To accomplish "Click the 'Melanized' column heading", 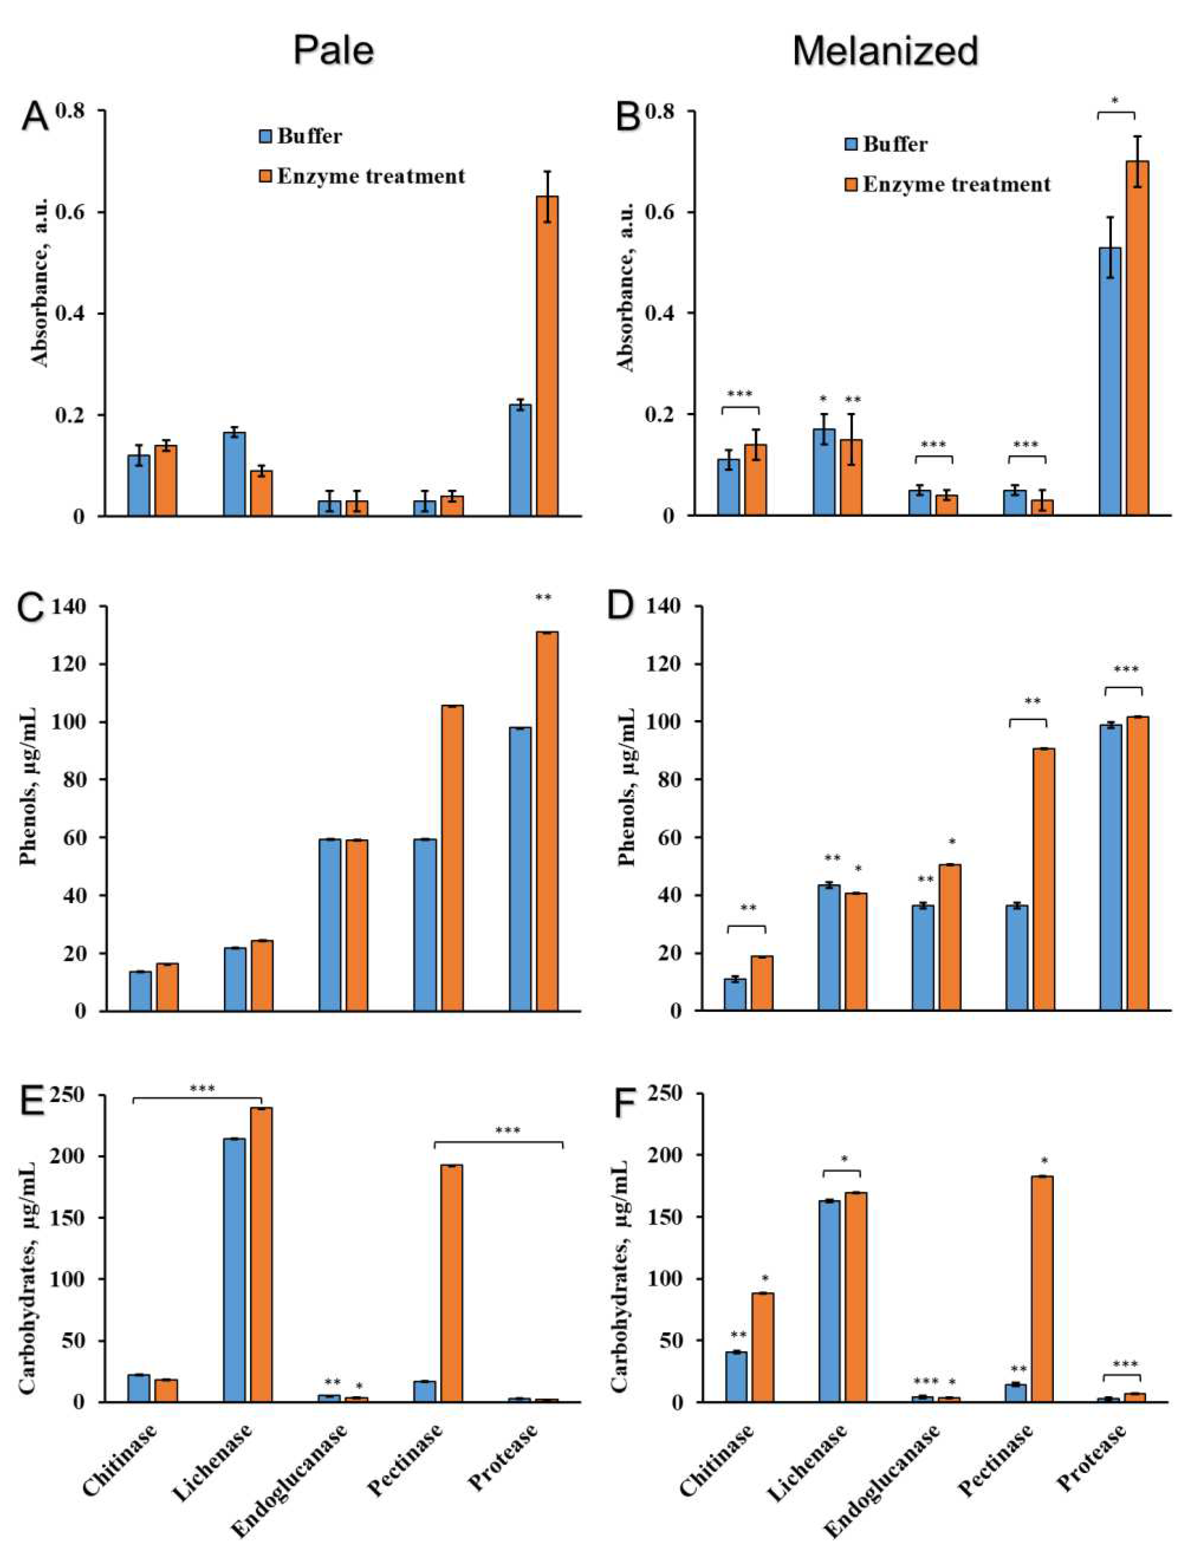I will [x=885, y=51].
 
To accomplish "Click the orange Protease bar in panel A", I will [x=546, y=355].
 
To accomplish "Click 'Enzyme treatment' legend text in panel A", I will [x=371, y=176].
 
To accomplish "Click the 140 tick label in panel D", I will [x=663, y=606].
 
